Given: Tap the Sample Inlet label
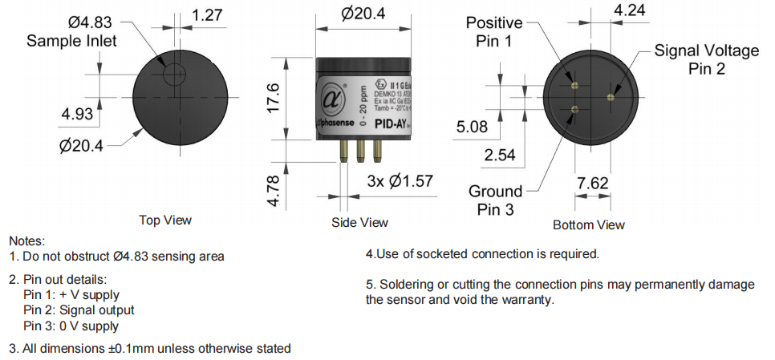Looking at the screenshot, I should (72, 40).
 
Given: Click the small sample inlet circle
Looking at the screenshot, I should (172, 74).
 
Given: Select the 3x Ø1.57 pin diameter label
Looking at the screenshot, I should (400, 182).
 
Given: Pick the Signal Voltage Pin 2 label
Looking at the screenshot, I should (706, 60).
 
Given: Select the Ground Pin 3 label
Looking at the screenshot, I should (496, 200).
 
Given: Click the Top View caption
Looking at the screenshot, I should (166, 220).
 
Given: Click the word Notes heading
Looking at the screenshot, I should (26, 241).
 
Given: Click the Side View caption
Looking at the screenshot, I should (359, 222).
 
